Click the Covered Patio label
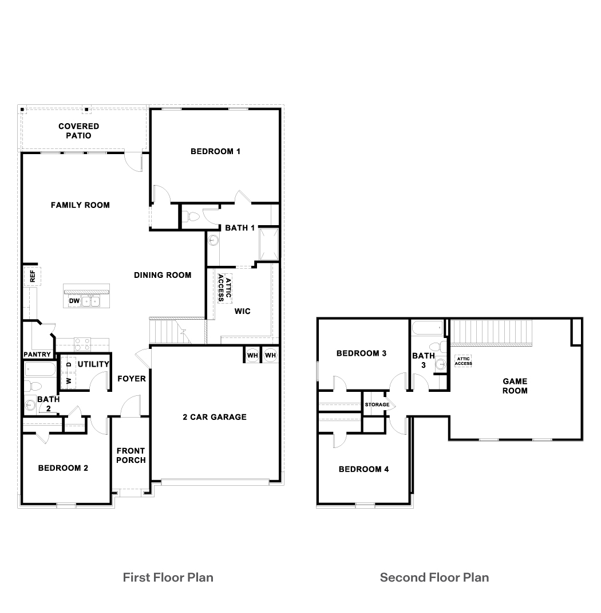pyautogui.click(x=78, y=131)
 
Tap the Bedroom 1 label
pyautogui.click(x=215, y=151)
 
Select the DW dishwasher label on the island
pyautogui.click(x=74, y=301)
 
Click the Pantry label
pyautogui.click(x=37, y=355)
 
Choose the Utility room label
pyautogui.click(x=93, y=364)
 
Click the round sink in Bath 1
pyautogui.click(x=213, y=240)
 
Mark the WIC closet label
pyautogui.click(x=243, y=311)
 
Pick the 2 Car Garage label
pyautogui.click(x=215, y=417)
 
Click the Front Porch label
pyautogui.click(x=131, y=455)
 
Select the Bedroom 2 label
pyautogui.click(x=63, y=468)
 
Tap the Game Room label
pyautogui.click(x=515, y=386)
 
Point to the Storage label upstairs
pyautogui.click(x=377, y=405)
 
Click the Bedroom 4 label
pyautogui.click(x=364, y=469)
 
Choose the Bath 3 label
pyautogui.click(x=424, y=360)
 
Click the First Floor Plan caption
pyautogui.click(x=168, y=577)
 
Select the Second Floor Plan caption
pyautogui.click(x=434, y=577)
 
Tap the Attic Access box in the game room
pyautogui.click(x=463, y=361)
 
